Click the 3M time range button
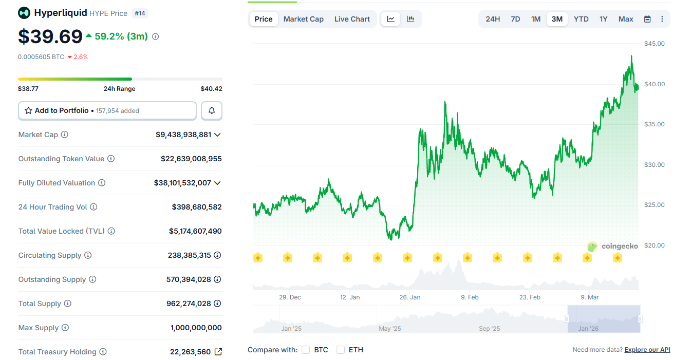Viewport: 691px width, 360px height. [557, 19]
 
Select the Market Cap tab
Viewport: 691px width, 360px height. [303, 19]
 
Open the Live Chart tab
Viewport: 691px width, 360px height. [352, 19]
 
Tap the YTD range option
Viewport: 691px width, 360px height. [581, 19]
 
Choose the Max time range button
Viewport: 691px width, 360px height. [626, 19]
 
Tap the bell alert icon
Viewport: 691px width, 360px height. [212, 110]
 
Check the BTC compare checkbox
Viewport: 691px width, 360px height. [306, 350]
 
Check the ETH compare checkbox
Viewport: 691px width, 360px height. [341, 350]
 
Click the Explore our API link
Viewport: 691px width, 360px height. [647, 350]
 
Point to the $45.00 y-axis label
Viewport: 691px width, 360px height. [654, 44]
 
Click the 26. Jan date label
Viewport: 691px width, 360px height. [409, 297]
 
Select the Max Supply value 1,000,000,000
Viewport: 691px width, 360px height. [196, 328]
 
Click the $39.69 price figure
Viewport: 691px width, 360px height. [50, 36]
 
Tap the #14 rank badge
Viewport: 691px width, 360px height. [140, 13]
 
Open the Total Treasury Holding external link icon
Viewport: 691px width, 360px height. [218, 352]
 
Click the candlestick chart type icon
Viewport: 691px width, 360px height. [410, 19]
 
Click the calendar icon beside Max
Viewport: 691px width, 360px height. [647, 19]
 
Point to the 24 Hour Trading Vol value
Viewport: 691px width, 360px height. [197, 207]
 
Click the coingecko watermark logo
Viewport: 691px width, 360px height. [612, 247]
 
